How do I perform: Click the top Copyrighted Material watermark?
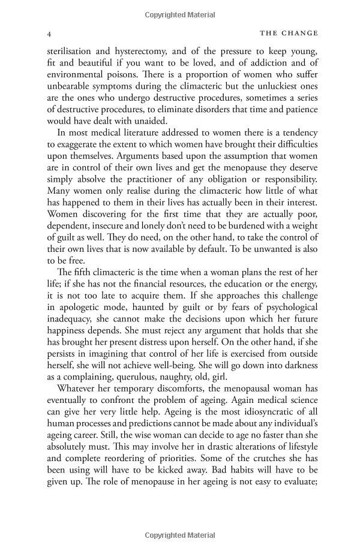pyautogui.click(x=179, y=12)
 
